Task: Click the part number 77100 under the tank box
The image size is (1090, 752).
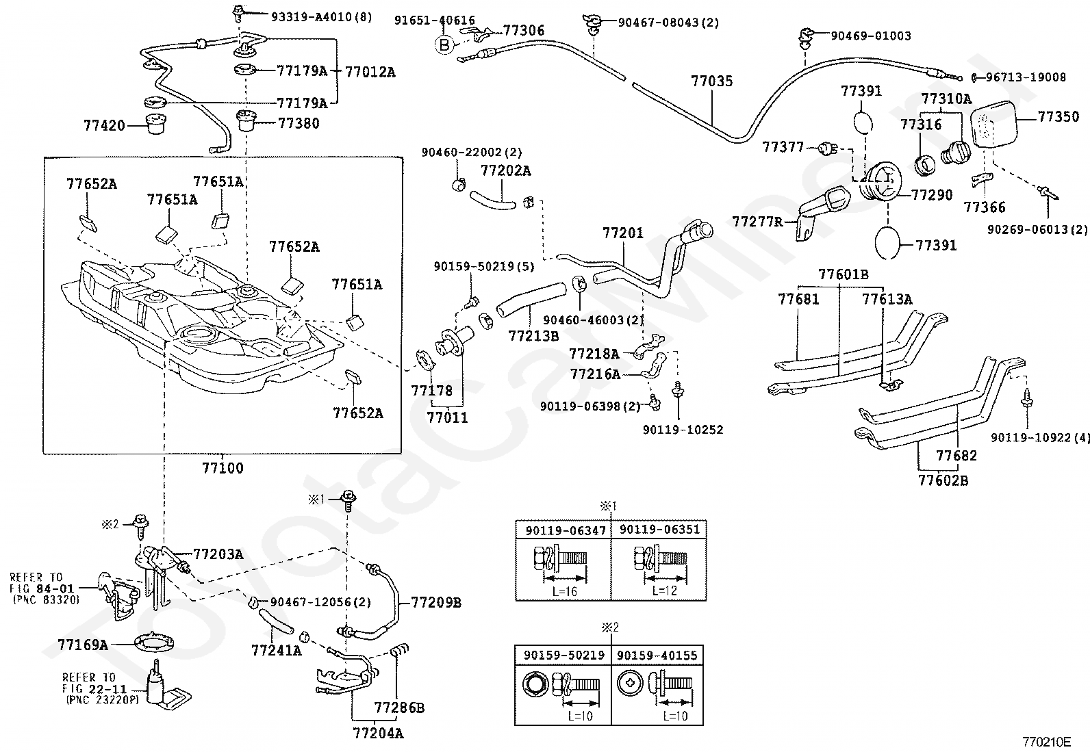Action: (223, 469)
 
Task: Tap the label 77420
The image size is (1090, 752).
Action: (105, 126)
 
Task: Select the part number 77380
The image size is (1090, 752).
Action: (299, 124)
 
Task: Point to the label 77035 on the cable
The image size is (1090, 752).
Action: (711, 81)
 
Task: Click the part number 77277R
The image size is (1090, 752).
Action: (757, 222)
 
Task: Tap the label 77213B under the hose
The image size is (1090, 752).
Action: (533, 335)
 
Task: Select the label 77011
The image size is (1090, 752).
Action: (447, 417)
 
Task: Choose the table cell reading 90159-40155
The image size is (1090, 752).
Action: (657, 656)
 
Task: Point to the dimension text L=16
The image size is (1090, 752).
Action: (563, 591)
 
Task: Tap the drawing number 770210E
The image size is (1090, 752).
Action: (1046, 742)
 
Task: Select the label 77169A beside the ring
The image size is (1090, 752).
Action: (83, 645)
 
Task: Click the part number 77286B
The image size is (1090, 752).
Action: (399, 708)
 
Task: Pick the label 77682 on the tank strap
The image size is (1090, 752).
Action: (956, 456)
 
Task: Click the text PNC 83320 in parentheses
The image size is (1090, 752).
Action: (46, 599)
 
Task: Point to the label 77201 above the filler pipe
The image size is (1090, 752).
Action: (623, 233)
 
